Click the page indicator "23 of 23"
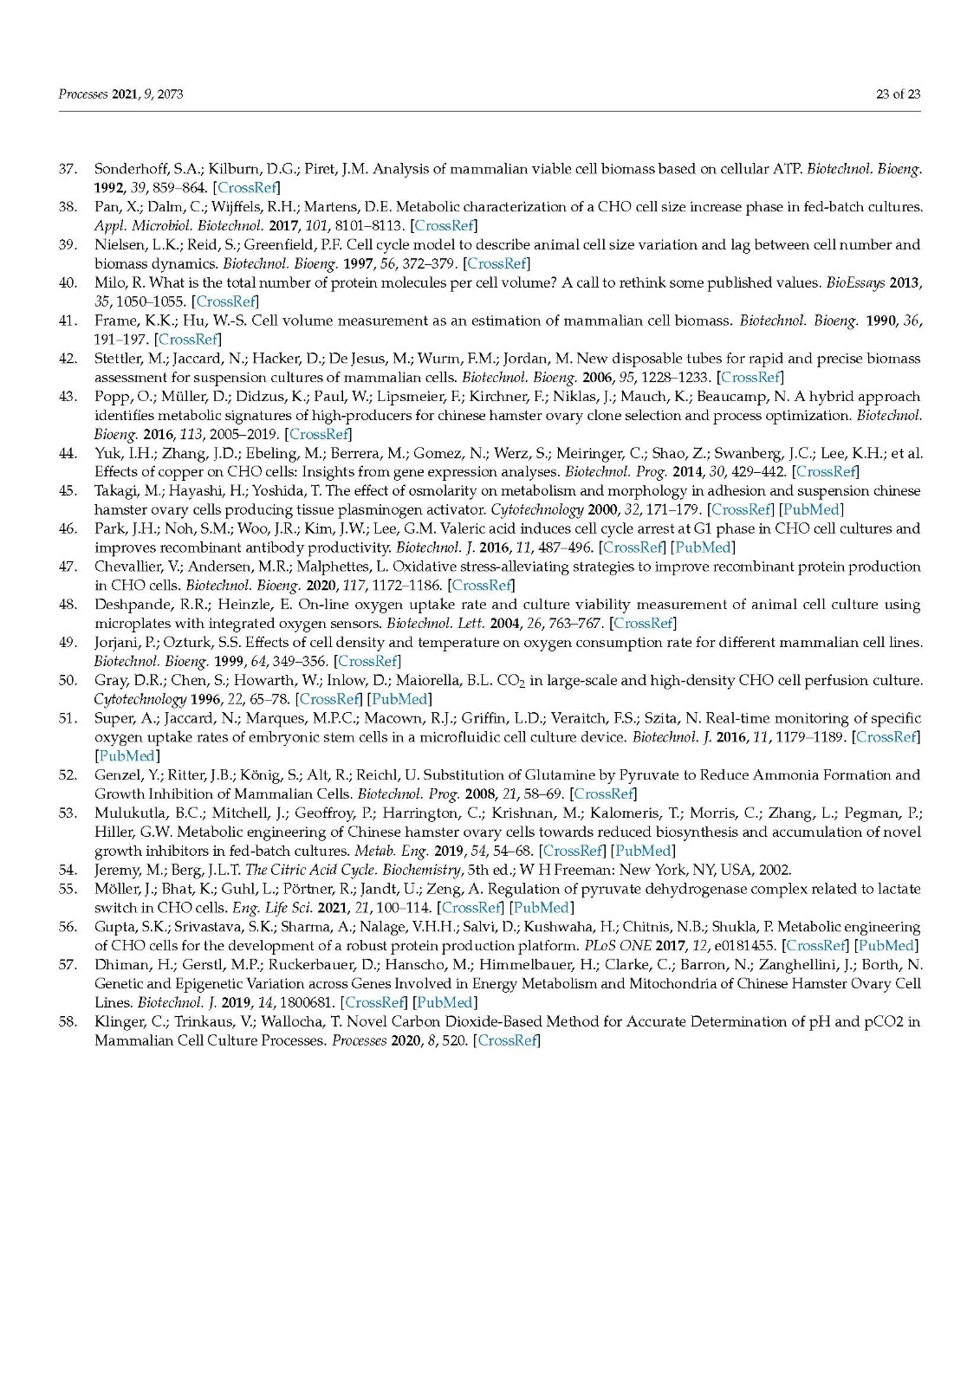click(898, 94)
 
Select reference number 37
click(68, 169)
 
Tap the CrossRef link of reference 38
click(444, 226)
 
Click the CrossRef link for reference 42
click(750, 378)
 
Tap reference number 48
click(68, 605)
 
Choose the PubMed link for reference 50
click(399, 699)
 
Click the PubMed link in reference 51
click(127, 756)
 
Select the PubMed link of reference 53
click(642, 852)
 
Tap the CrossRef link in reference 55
click(471, 908)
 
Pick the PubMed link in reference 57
click(445, 1002)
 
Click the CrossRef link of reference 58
click(507, 1040)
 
